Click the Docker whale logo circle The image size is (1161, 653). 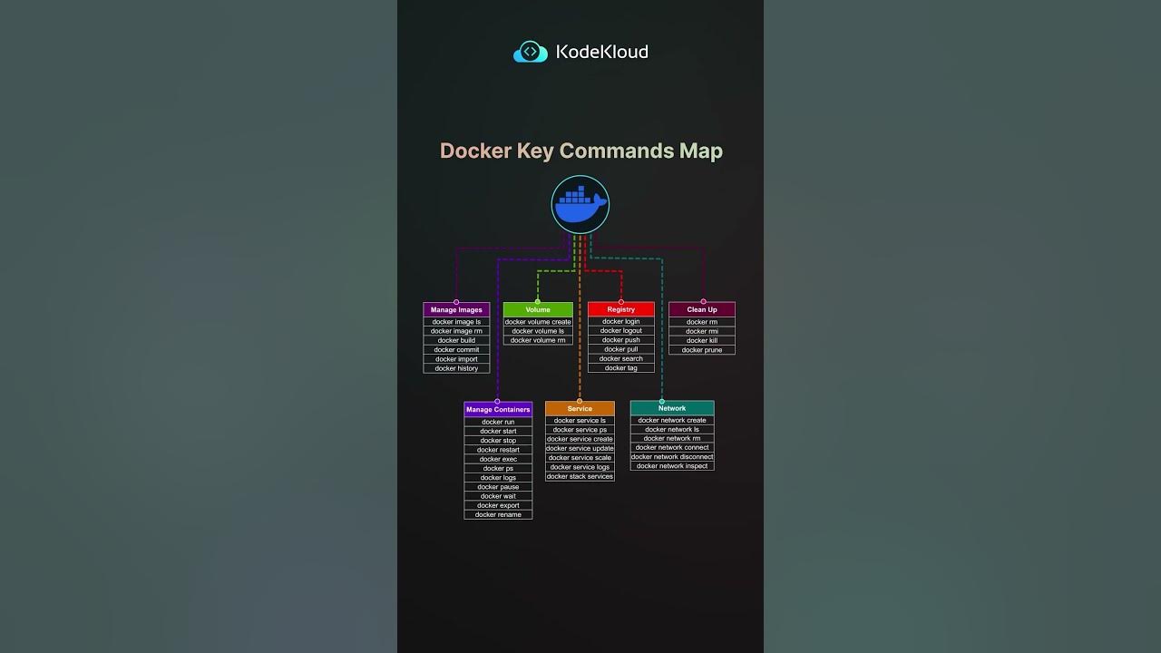click(580, 205)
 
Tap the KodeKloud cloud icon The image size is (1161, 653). click(530, 53)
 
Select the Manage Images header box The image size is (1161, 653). click(456, 310)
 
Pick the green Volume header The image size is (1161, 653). click(538, 309)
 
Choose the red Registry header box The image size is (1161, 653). click(621, 309)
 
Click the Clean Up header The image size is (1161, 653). click(702, 309)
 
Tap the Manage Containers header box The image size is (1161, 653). click(498, 409)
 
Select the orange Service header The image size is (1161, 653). click(580, 408)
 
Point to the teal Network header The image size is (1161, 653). click(672, 408)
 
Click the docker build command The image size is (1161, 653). click(456, 340)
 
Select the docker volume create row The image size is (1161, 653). click(538, 322)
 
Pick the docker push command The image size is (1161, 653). click(621, 340)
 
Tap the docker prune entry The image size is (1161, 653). click(702, 350)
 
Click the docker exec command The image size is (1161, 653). click(498, 459)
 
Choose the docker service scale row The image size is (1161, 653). click(580, 458)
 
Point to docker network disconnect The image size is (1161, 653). click(672, 457)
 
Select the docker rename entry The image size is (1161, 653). click(498, 515)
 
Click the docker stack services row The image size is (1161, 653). click(580, 476)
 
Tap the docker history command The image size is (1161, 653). click(456, 368)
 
